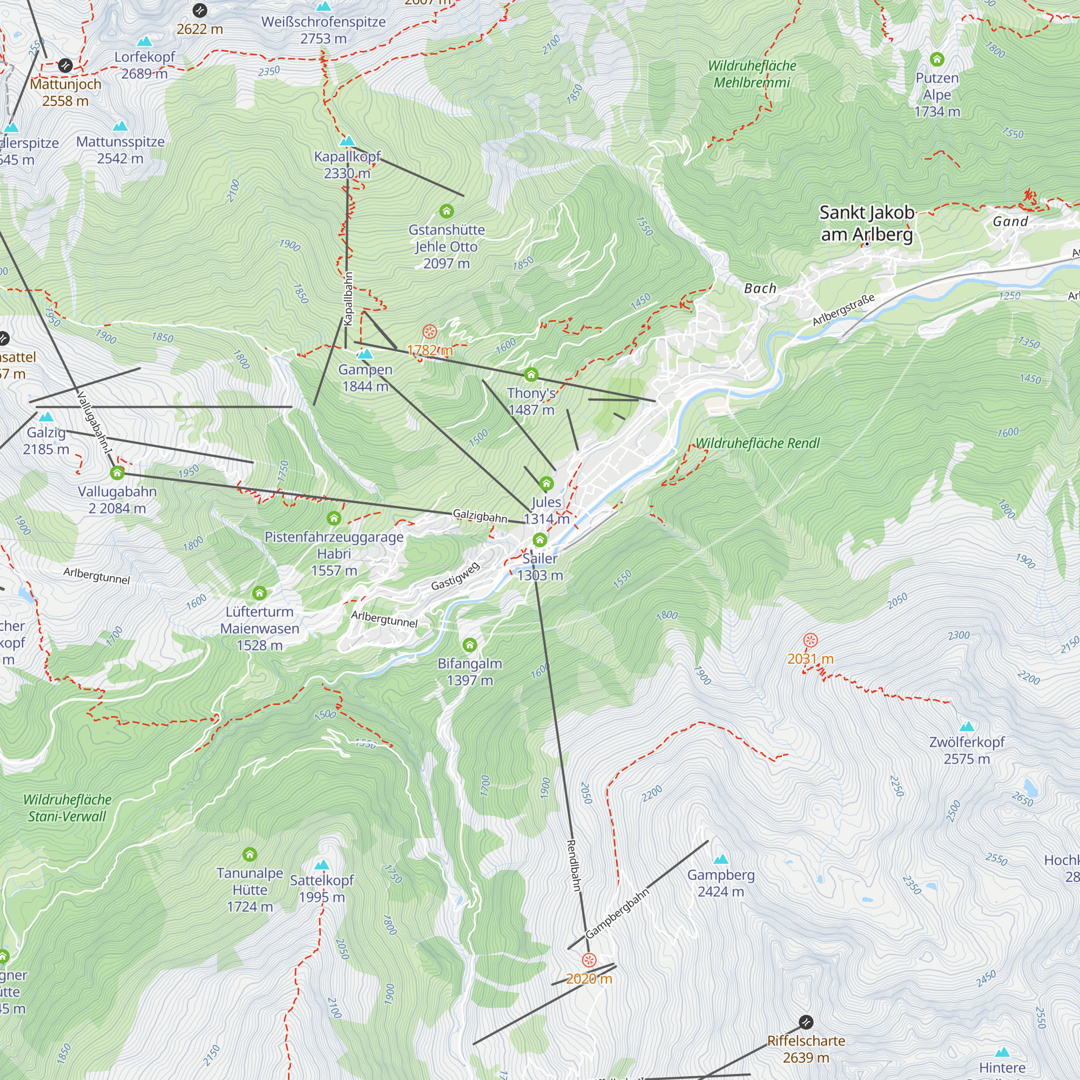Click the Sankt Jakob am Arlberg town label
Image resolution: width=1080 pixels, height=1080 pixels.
pyautogui.click(x=866, y=224)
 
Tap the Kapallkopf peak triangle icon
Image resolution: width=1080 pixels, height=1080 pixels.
pyautogui.click(x=347, y=141)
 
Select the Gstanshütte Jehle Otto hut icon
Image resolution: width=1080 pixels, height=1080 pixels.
pyautogui.click(x=446, y=211)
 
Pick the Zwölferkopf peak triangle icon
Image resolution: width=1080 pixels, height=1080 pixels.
pyautogui.click(x=967, y=727)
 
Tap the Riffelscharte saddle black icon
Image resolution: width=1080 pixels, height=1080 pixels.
pyautogui.click(x=806, y=1022)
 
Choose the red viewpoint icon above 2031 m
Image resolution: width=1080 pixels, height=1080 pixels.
pyautogui.click(x=810, y=640)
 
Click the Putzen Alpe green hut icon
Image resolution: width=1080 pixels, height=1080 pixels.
pyautogui.click(x=937, y=59)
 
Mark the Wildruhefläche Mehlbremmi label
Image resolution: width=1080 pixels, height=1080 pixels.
pyautogui.click(x=752, y=75)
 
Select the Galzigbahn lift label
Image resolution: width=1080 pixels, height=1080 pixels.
pyautogui.click(x=480, y=515)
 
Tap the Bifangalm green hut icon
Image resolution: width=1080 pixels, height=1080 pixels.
pyautogui.click(x=470, y=646)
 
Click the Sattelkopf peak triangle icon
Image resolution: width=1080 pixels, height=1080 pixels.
pyautogui.click(x=321, y=865)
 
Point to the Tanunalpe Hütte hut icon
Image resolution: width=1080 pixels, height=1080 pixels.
pyautogui.click(x=250, y=855)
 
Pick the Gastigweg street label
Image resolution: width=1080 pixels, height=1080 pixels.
pyautogui.click(x=455, y=576)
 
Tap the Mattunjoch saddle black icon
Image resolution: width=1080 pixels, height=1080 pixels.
pyautogui.click(x=65, y=65)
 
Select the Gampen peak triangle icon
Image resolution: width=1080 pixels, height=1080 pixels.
pyautogui.click(x=364, y=354)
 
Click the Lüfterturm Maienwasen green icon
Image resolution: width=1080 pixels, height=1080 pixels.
pyautogui.click(x=259, y=593)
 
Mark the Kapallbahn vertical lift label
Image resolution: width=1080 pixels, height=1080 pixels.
pyautogui.click(x=348, y=299)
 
